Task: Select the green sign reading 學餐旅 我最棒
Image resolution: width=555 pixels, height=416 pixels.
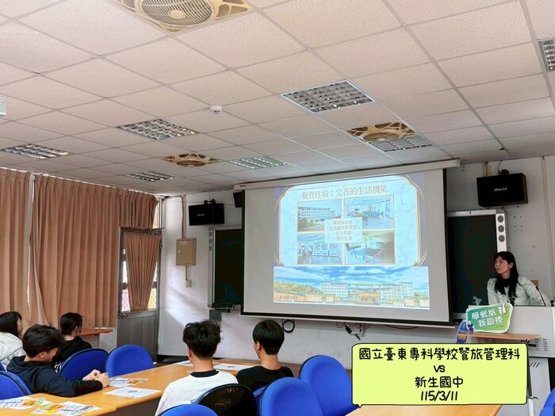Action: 488,317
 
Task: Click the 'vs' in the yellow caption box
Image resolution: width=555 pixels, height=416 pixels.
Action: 439,368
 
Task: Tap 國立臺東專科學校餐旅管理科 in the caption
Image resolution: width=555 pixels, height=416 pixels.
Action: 439,354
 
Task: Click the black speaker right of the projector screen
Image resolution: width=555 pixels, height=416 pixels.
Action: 501,189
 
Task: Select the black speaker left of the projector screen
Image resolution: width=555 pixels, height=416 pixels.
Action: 206,213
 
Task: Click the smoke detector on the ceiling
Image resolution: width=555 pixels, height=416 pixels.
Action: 216,109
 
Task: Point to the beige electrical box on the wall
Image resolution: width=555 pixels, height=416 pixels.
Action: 186,251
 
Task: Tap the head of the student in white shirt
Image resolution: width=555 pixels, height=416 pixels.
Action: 201,339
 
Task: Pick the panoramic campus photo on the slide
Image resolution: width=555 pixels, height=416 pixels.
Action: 350,286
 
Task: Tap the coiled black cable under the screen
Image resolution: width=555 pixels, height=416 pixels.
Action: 289,326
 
